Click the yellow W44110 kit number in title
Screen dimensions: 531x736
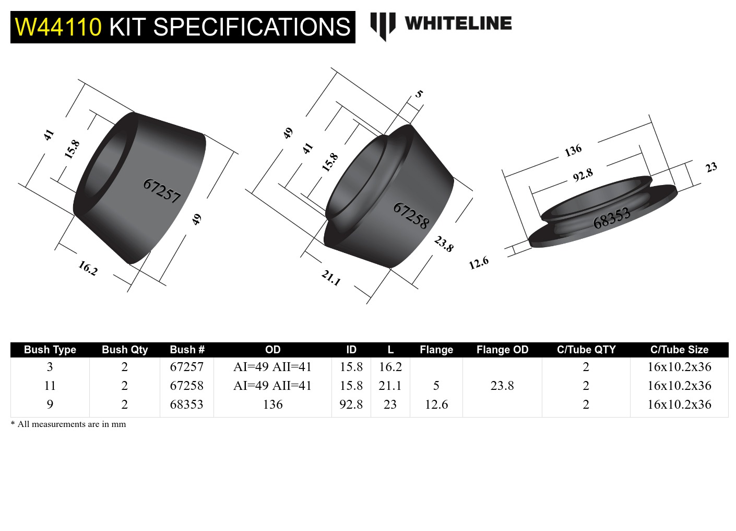[x=58, y=27]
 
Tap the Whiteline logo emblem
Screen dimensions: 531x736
[x=383, y=26]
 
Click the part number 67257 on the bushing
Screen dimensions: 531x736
[x=162, y=191]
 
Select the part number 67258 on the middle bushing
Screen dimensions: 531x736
[x=411, y=215]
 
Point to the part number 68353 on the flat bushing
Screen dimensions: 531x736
[x=611, y=218]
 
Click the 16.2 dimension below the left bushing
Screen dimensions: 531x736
[x=88, y=268]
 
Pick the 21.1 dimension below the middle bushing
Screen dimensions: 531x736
[x=331, y=278]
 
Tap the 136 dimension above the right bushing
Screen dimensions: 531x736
[x=573, y=151]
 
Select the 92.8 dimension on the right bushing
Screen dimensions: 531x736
[x=583, y=175]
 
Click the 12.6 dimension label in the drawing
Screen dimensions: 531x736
[x=478, y=263]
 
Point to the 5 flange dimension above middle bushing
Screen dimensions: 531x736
[x=419, y=94]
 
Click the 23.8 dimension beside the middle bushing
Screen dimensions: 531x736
[x=444, y=244]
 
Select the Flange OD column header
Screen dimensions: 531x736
[x=502, y=350]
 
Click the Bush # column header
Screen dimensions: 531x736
[x=187, y=350]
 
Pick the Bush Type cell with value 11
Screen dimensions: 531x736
[x=50, y=386]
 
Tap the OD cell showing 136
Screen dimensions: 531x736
[x=272, y=405]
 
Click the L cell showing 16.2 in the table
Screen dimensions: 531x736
[x=390, y=367]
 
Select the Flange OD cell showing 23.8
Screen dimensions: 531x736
[x=502, y=386]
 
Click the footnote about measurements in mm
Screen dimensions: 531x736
[x=68, y=424]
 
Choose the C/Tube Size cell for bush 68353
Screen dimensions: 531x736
[x=679, y=405]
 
